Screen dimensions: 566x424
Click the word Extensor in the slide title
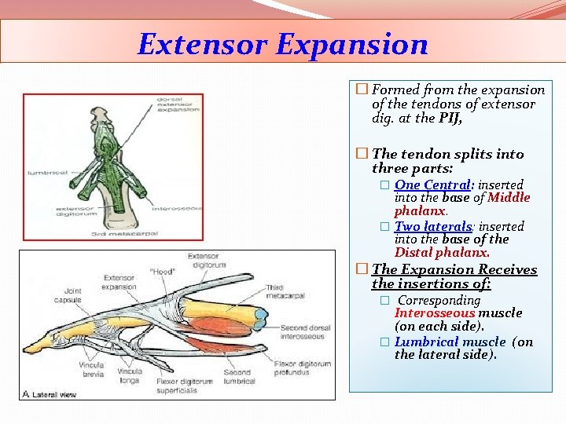click(x=202, y=44)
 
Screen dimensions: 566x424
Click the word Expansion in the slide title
click(x=351, y=44)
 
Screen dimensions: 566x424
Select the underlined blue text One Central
click(x=432, y=185)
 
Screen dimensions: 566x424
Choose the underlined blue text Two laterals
click(x=432, y=226)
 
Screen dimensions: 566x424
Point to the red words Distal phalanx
click(x=442, y=253)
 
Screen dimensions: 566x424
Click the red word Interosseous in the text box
click(x=435, y=313)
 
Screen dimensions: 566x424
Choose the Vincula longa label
click(x=130, y=375)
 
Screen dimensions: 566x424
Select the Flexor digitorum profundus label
click(x=303, y=368)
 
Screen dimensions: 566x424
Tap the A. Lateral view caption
click(x=50, y=393)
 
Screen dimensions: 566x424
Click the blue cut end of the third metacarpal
click(x=260, y=316)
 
